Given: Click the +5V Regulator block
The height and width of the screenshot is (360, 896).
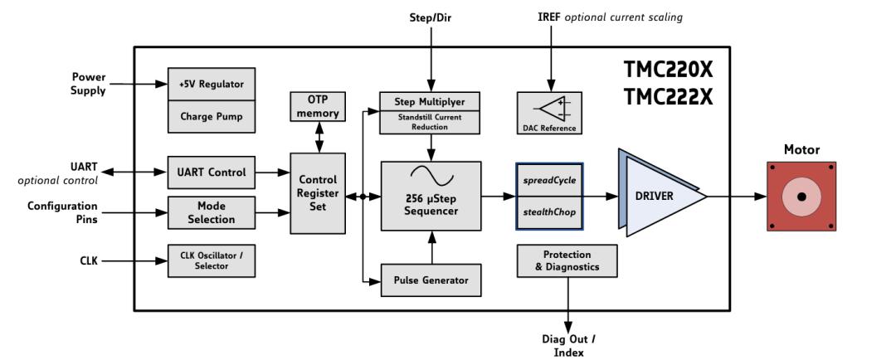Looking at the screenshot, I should click(211, 84).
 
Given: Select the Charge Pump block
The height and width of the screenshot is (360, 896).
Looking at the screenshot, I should click(211, 116).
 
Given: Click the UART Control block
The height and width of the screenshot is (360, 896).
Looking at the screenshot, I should click(211, 173).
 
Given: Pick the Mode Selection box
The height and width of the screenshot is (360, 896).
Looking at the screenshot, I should click(211, 213).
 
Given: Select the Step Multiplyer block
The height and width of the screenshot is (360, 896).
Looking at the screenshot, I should click(431, 101).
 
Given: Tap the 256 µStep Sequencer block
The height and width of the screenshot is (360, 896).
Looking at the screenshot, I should click(431, 196).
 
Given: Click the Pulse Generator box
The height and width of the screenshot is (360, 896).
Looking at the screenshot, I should click(431, 280).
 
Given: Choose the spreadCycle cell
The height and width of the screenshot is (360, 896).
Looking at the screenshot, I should click(549, 179).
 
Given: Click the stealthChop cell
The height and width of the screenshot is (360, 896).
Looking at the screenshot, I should click(549, 212).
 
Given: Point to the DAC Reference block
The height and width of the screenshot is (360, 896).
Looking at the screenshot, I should click(548, 113).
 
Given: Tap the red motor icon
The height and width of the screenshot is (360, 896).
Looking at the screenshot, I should click(801, 197).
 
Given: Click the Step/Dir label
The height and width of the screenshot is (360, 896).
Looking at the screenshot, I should click(431, 17).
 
